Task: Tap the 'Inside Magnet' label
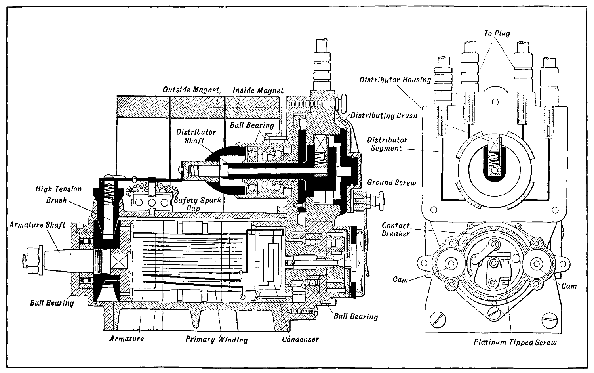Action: [258, 90]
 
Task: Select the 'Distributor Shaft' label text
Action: [196, 136]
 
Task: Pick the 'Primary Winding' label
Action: [217, 339]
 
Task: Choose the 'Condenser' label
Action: [300, 339]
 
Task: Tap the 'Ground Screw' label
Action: [392, 182]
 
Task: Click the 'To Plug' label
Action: [497, 33]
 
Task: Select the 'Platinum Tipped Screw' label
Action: [515, 342]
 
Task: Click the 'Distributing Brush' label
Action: [384, 116]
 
